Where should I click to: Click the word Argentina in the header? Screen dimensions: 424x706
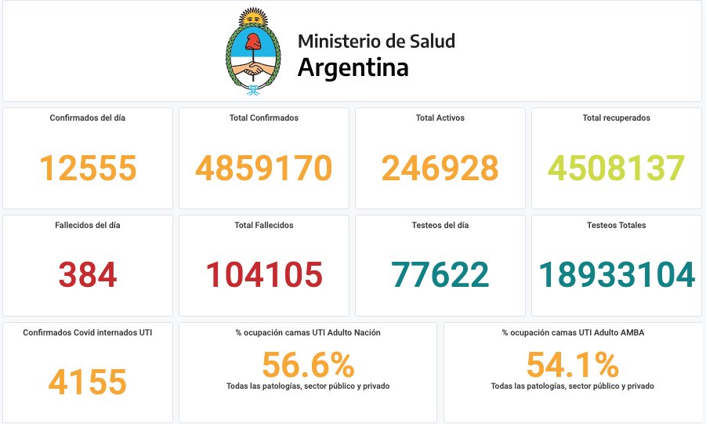coord(353,67)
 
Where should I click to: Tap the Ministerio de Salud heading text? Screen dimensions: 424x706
coord(376,41)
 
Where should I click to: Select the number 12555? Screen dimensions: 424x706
coord(88,169)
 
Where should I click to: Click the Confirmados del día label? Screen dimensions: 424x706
coord(88,118)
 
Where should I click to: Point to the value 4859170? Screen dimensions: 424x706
coord(264,169)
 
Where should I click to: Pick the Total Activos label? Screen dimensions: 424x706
coord(440,118)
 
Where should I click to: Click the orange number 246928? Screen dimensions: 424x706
coord(440,169)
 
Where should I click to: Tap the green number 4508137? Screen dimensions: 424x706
coord(616,169)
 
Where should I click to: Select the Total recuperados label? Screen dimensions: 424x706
coord(616,118)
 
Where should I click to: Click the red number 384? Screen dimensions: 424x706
coord(88,275)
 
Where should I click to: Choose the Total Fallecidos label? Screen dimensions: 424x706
coord(264,226)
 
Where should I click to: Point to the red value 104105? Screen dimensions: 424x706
coord(264,275)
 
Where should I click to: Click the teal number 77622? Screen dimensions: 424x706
coord(440,275)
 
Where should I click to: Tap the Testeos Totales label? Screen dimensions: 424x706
coord(616,226)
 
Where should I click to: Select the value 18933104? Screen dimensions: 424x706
coord(616,275)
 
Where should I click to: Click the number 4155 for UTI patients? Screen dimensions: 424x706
coord(88,382)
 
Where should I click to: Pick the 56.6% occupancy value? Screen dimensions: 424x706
coord(308,365)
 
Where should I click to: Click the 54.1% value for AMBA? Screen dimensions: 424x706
coord(572,365)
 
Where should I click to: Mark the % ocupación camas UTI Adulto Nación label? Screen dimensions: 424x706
coord(308,333)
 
